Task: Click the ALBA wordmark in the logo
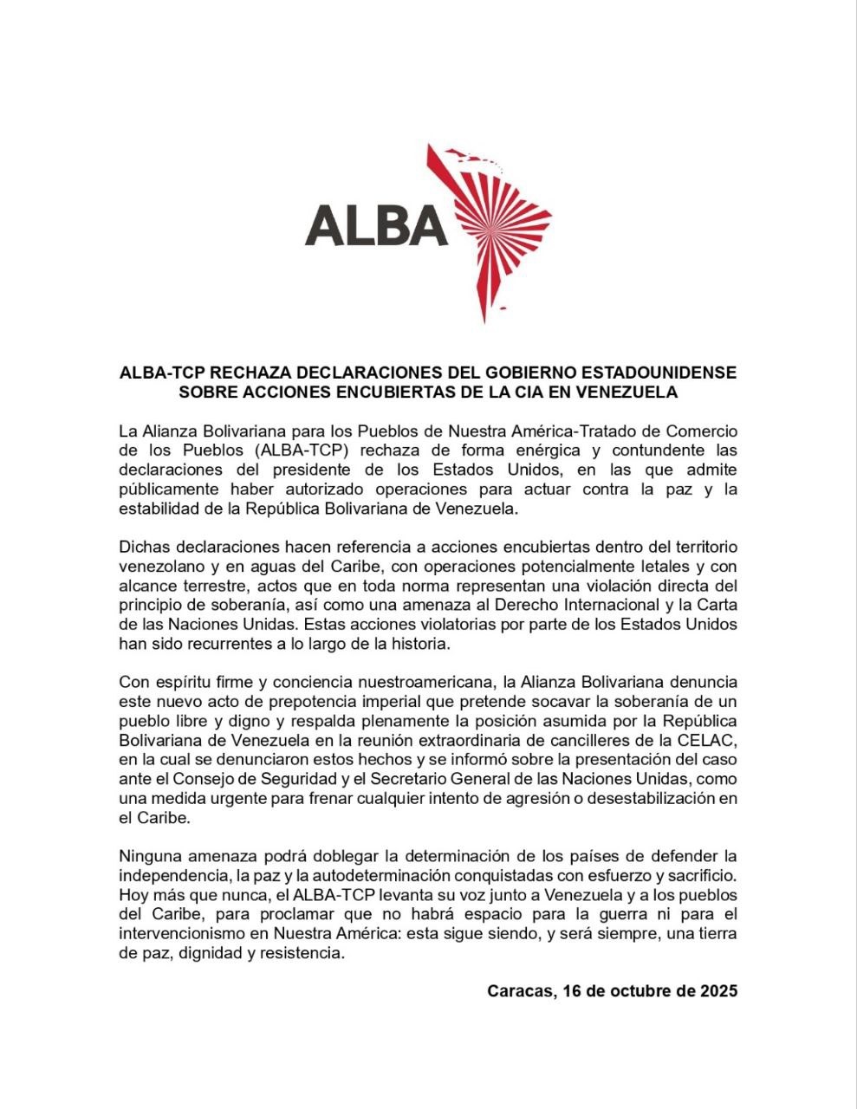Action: coord(376,225)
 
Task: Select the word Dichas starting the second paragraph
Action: coord(143,548)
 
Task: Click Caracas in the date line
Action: coord(519,991)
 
